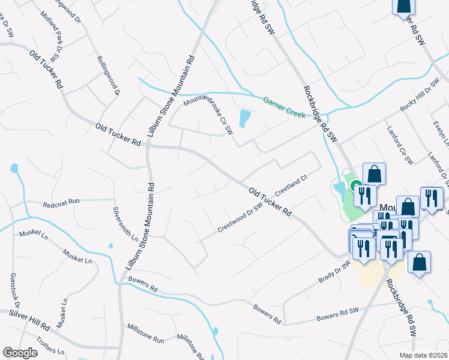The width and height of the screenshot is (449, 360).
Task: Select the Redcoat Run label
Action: [61, 204]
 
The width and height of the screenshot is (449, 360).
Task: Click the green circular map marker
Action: [356, 187]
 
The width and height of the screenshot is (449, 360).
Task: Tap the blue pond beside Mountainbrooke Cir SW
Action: [244, 118]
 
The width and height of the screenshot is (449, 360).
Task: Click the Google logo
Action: [20, 353]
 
